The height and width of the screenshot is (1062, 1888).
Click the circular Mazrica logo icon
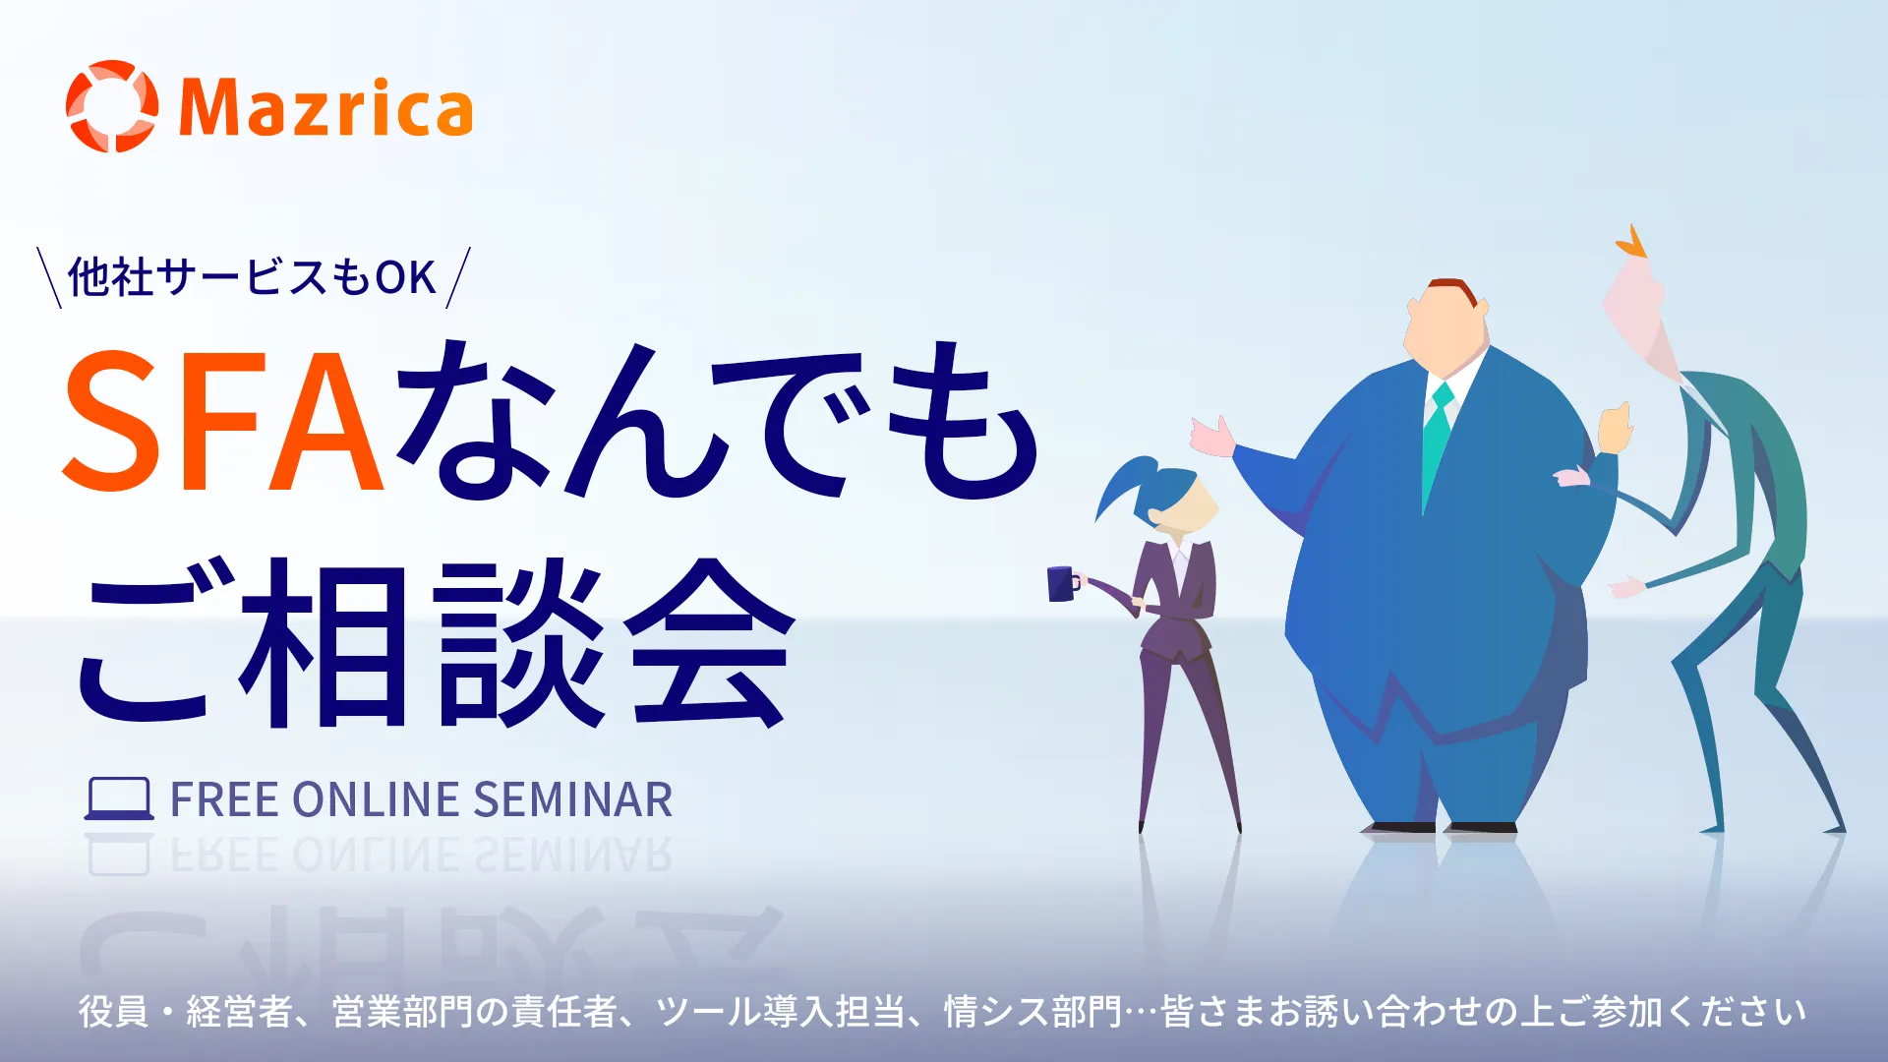(x=111, y=106)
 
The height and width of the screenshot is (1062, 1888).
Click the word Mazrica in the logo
(x=325, y=108)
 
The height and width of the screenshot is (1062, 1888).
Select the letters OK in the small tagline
(x=405, y=277)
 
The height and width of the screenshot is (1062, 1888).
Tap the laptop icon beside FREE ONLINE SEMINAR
(x=119, y=799)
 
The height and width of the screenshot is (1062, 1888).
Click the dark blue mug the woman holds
(x=1061, y=583)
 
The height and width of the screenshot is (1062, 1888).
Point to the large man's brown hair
(x=1453, y=289)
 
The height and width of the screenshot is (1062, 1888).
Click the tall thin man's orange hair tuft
(x=1631, y=242)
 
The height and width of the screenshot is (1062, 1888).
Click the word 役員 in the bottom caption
(x=114, y=1011)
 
